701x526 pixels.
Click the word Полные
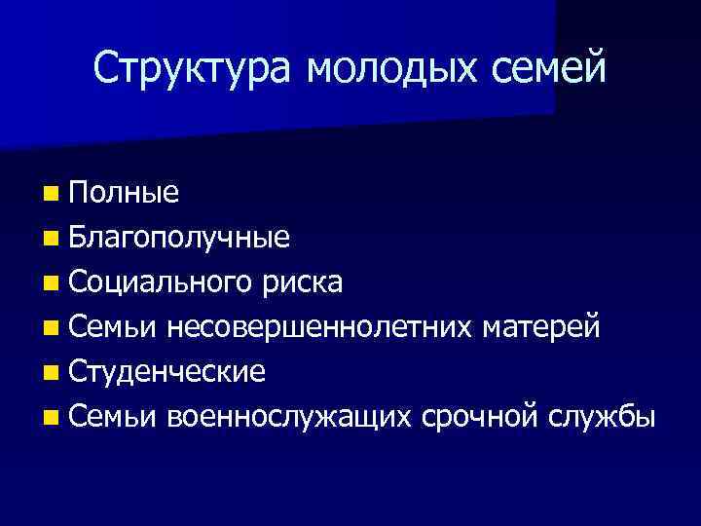[124, 193]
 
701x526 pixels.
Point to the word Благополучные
[179, 238]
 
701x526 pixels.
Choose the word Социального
[161, 282]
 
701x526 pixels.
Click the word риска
[302, 282]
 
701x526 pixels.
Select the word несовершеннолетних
[320, 327]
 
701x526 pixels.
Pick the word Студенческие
[167, 372]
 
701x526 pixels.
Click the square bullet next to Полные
[50, 194]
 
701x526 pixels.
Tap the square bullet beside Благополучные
[50, 239]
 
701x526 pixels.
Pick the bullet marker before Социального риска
[50, 283]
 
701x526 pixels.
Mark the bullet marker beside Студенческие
[50, 373]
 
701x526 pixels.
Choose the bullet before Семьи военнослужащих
[50, 418]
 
